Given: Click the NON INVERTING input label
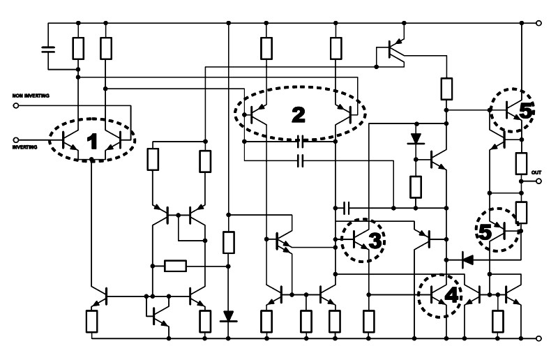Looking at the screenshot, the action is (31, 96).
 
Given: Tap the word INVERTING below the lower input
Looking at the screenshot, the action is (25, 147).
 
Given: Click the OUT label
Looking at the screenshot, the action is (536, 172).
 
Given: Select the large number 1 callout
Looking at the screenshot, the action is (92, 141).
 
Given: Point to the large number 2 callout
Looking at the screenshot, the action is (299, 114).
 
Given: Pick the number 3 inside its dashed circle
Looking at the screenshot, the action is (375, 241).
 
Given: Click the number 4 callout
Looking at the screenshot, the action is (451, 295).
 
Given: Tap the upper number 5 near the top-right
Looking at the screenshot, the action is (526, 111).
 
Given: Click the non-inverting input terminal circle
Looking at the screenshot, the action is (15, 106).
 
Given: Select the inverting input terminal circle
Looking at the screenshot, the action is (15, 140).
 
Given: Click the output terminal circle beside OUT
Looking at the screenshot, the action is (538, 181).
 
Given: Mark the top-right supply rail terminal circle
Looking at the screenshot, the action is (538, 23).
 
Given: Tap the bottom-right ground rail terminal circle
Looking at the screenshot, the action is (538, 338).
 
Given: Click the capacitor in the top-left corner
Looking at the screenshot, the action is (48, 49).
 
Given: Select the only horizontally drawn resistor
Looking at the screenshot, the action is (176, 266).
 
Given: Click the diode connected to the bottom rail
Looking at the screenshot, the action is (229, 316).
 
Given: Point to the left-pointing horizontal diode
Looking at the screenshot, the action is (467, 260).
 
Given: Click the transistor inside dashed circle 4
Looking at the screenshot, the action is (438, 295).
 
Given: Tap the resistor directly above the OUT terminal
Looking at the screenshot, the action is (521, 164).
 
